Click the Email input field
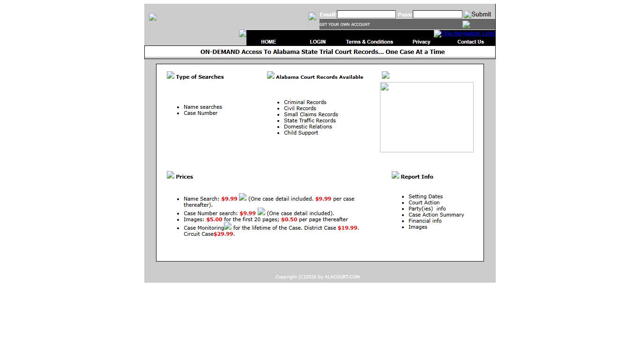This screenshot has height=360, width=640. click(366, 15)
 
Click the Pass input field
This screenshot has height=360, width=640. click(437, 15)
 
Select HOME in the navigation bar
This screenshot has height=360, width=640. click(268, 42)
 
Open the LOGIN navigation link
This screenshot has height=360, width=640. click(318, 42)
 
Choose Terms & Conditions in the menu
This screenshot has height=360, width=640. click(369, 42)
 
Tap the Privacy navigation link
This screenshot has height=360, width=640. click(421, 42)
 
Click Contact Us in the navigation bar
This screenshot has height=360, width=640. click(470, 42)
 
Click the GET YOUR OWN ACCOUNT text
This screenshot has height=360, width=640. click(345, 24)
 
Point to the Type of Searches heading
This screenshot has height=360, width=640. click(200, 77)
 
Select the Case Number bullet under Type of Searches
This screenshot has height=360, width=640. click(201, 113)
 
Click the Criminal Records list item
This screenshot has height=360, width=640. click(305, 102)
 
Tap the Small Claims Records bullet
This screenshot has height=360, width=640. click(311, 114)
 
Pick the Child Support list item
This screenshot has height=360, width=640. click(301, 133)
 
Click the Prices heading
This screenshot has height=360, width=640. click(184, 177)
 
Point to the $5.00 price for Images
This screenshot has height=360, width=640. click(214, 219)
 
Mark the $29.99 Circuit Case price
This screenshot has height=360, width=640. click(223, 234)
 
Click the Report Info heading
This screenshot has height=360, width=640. click(417, 177)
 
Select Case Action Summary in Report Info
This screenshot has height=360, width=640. click(436, 215)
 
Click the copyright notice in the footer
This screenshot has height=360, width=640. click(318, 277)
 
